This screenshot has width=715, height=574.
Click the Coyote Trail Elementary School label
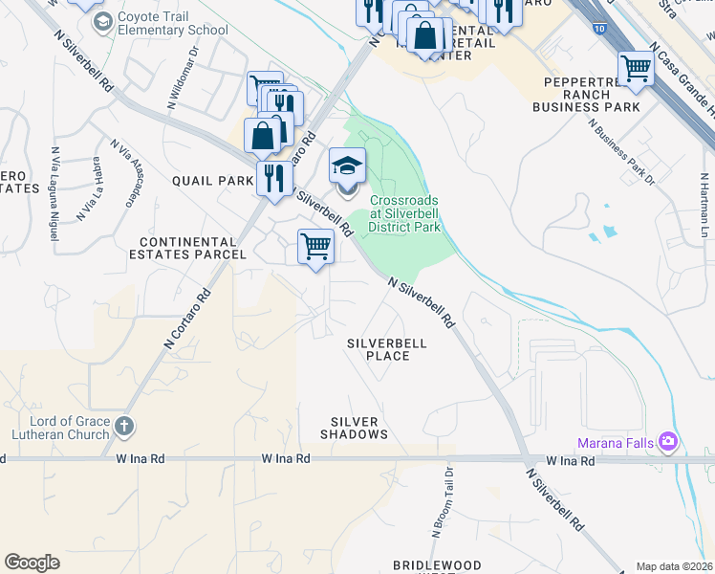coord(172,24)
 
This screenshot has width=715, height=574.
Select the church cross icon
coord(123,427)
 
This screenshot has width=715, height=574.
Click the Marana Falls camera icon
coord(669,442)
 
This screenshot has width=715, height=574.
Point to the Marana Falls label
coord(617,442)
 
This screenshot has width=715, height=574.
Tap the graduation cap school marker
coord(348,167)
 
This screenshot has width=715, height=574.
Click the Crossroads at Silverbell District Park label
coord(405,213)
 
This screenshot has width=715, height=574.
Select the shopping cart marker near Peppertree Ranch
coord(636,68)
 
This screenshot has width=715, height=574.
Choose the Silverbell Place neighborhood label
coord(386,349)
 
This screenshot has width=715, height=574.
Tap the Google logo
coord(32,563)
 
